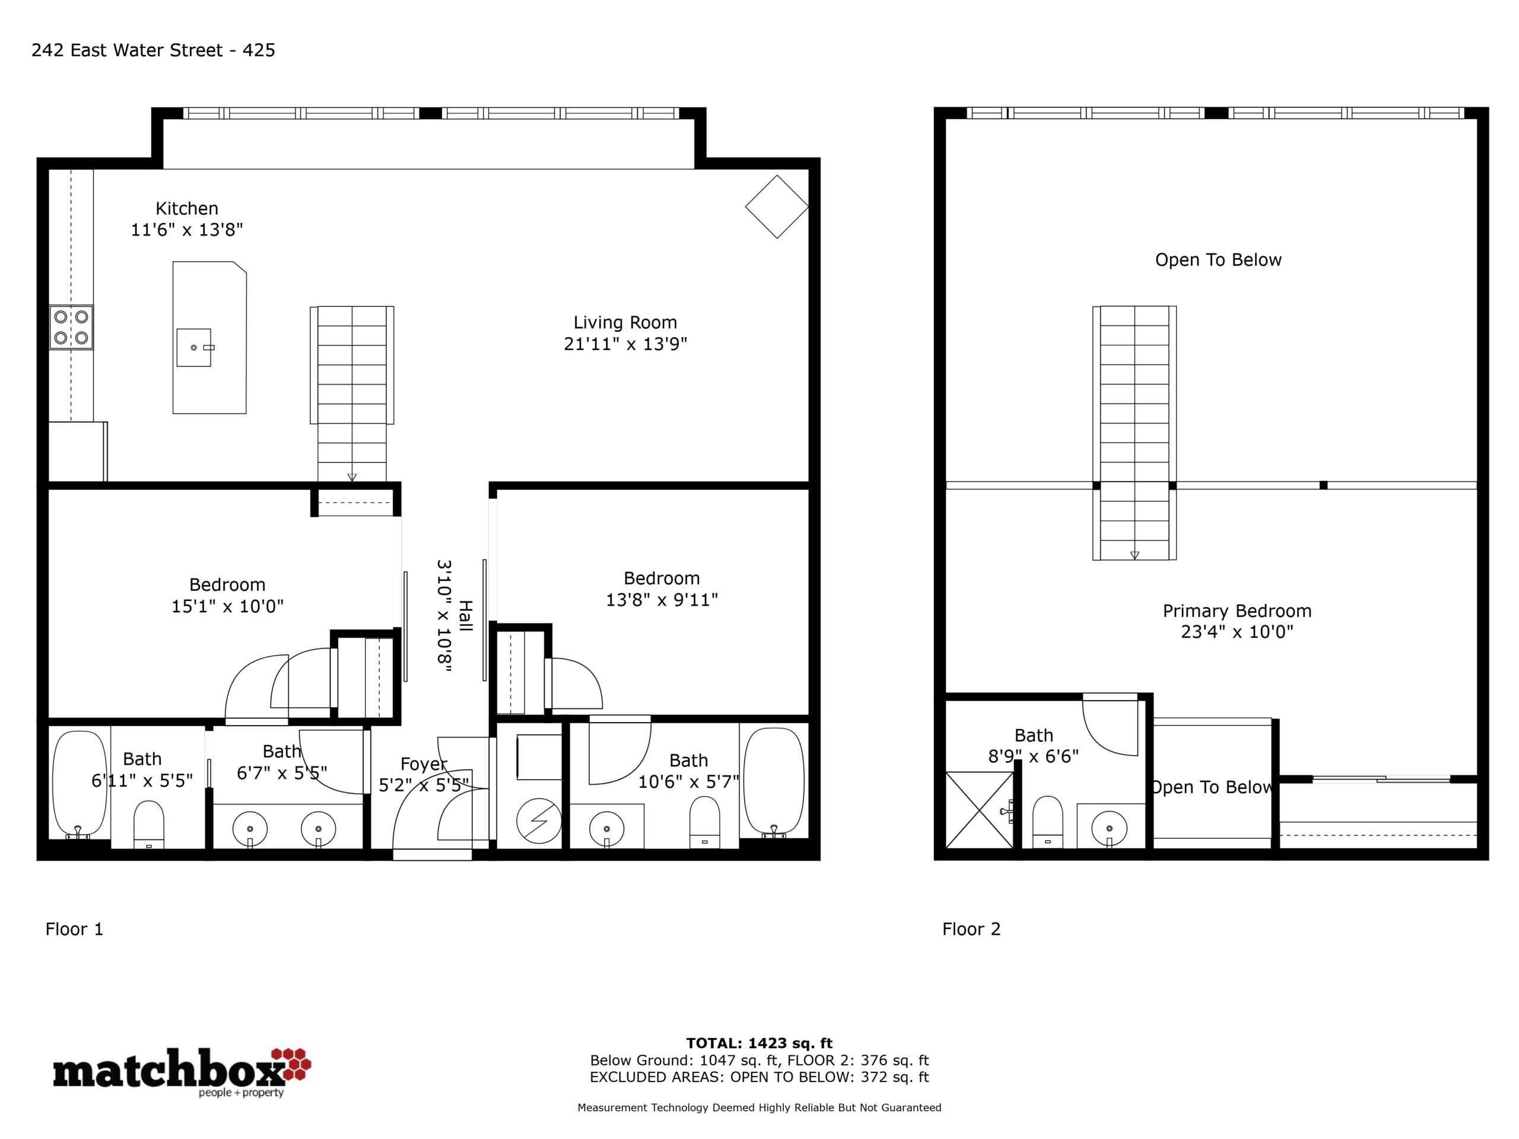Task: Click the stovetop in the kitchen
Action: (x=71, y=327)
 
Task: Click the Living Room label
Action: (x=625, y=322)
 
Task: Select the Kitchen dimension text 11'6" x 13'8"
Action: (x=187, y=230)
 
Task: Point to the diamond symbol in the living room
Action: (x=777, y=206)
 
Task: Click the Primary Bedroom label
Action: (x=1237, y=610)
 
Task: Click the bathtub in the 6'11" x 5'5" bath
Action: (x=80, y=784)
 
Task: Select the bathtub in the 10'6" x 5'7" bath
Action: (x=774, y=782)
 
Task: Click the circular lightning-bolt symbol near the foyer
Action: (x=539, y=820)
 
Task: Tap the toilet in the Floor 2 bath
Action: (x=1047, y=822)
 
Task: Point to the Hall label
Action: (x=466, y=615)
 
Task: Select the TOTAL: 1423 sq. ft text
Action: (x=759, y=1043)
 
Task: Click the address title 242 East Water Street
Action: (x=127, y=50)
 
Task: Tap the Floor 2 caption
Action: (x=971, y=929)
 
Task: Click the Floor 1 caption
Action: (x=74, y=929)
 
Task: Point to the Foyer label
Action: (x=424, y=763)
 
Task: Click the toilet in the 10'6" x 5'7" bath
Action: (x=704, y=822)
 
